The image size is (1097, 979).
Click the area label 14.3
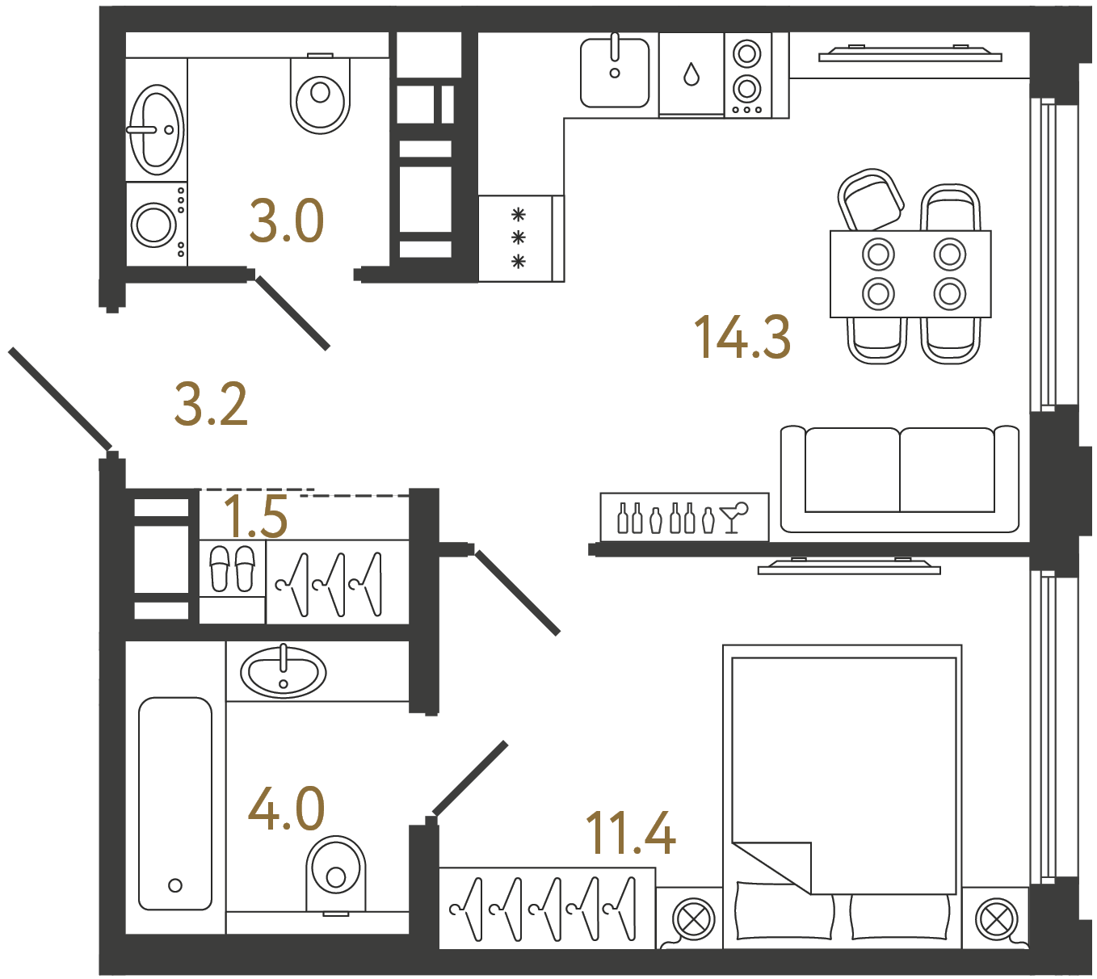[x=742, y=337]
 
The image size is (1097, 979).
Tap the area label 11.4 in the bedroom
[x=630, y=833]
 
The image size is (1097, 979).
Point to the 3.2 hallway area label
[x=210, y=405]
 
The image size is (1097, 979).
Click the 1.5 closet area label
[x=255, y=516]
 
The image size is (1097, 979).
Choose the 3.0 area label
[x=286, y=221]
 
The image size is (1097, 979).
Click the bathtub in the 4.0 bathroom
[x=175, y=803]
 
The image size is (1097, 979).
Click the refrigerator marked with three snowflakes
[x=518, y=238]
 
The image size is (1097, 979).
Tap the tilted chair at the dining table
[x=870, y=200]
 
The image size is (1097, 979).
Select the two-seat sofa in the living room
[x=899, y=478]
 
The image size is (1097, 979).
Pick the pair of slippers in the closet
[x=232, y=569]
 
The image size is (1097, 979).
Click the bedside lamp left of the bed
[x=693, y=918]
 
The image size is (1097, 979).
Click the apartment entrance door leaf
[x=61, y=398]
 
